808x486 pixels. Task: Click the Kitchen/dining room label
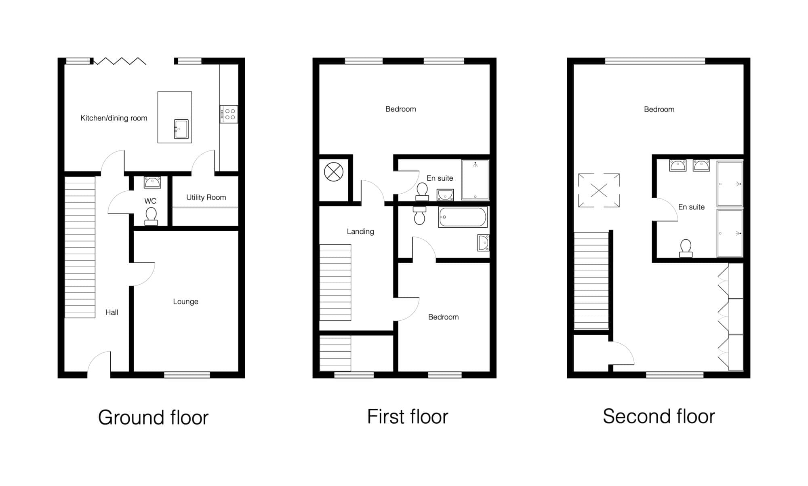114,118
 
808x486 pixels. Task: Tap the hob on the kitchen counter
229,114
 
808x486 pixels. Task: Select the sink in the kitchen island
181,129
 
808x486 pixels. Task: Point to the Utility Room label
206,197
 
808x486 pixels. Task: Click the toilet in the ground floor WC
151,216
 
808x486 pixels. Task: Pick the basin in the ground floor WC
152,182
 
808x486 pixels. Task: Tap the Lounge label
185,302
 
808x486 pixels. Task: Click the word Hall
112,312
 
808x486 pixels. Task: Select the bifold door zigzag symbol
120,61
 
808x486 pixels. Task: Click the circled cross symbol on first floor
334,172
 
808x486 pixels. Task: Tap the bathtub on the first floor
463,217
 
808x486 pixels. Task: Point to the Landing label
360,232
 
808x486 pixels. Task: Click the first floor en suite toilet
422,192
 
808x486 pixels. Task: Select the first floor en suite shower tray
475,180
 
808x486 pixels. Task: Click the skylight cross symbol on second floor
599,190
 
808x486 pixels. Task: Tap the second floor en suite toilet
686,248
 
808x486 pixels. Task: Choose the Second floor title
659,416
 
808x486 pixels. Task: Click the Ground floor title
153,418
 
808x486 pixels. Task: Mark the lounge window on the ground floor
187,375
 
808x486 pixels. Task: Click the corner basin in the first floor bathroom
483,243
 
